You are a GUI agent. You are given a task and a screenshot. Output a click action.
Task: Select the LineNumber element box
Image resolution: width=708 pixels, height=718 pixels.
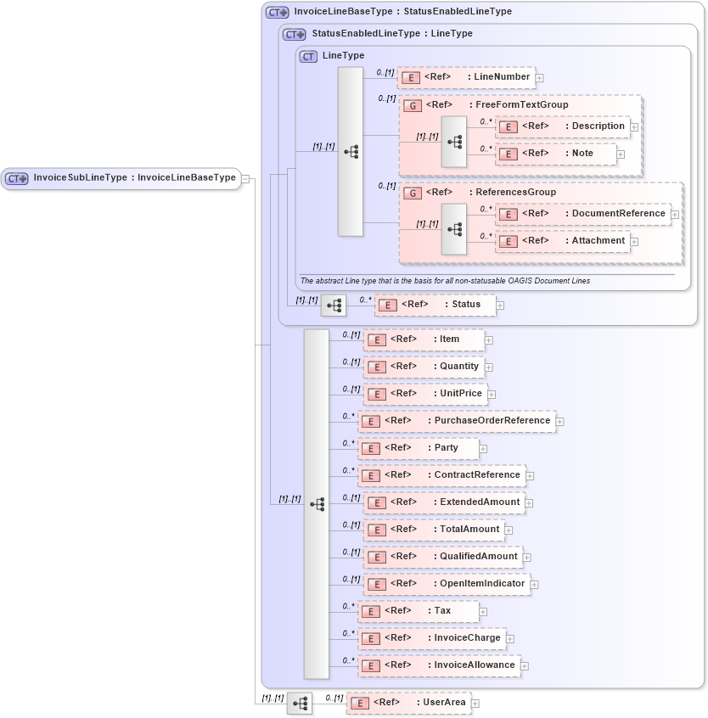click(466, 77)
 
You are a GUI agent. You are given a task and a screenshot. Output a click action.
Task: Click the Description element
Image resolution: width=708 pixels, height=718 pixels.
click(564, 126)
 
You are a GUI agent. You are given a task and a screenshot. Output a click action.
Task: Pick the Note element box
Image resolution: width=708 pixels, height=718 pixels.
click(556, 154)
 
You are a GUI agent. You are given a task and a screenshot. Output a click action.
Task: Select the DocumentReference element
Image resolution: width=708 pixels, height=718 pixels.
click(583, 214)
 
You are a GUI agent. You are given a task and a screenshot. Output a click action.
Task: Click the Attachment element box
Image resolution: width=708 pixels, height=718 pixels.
click(562, 241)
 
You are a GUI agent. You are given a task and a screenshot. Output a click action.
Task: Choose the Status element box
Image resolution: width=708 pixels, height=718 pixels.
click(435, 305)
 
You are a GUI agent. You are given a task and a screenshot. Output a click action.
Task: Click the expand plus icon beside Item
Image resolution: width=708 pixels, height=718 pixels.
click(489, 340)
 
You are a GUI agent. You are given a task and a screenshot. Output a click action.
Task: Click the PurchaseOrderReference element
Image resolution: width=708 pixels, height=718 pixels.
click(457, 421)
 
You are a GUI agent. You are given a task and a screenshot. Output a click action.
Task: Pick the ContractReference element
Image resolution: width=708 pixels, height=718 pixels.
click(441, 475)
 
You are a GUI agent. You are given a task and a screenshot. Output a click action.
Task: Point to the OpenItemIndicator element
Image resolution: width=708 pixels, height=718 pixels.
click(447, 584)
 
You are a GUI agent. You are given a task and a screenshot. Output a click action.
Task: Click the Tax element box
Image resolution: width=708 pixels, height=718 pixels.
click(418, 611)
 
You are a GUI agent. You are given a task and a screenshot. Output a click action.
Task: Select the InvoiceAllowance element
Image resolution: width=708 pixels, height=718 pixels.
click(439, 665)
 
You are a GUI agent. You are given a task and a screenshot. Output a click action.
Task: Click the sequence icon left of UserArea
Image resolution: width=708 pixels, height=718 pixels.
click(300, 704)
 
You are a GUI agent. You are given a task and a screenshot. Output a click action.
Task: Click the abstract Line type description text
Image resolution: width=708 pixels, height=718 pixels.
click(445, 281)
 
